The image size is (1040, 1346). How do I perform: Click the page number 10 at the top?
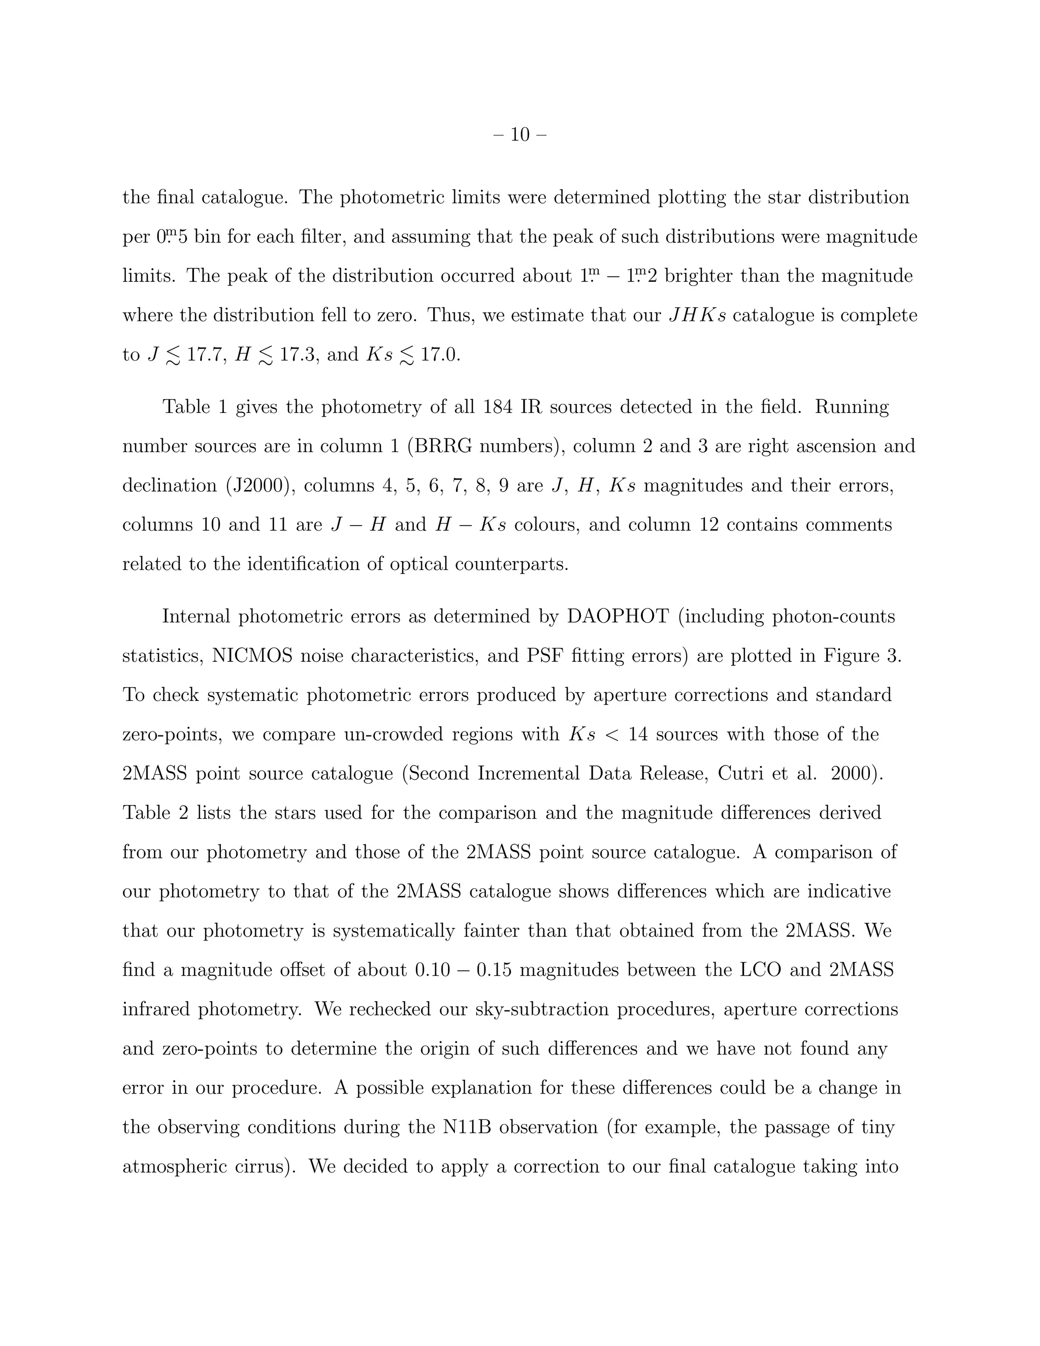click(520, 135)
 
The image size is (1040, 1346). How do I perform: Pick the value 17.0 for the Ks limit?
click(440, 355)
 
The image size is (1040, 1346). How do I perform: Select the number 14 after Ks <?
click(638, 734)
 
